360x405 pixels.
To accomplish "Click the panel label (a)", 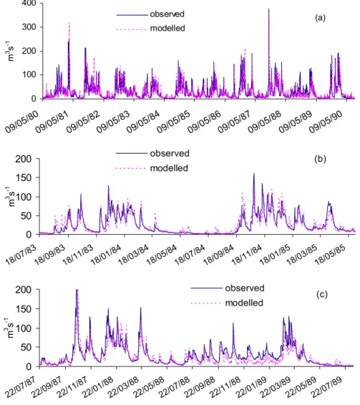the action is tap(320, 18).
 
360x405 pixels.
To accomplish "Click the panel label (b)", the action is tap(320, 159).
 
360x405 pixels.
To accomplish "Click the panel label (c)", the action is tap(322, 295).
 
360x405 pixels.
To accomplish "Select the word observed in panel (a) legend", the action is tap(167, 14).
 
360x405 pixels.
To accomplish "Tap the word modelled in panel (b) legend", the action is tap(169, 168).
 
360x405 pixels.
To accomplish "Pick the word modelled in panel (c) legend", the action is tap(244, 303).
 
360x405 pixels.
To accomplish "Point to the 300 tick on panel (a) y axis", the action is tap(29, 27).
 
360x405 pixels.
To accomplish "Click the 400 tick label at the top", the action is tap(29, 4).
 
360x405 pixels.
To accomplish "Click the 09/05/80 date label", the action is tap(21, 122).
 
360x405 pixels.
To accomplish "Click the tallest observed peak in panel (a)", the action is tap(269, 9).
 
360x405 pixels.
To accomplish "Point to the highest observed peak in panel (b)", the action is tap(254, 173).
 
